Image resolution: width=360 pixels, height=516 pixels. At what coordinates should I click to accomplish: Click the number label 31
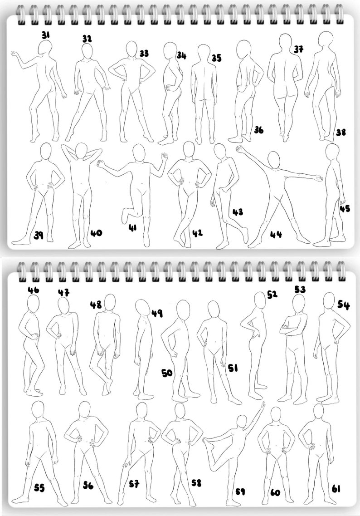[46, 34]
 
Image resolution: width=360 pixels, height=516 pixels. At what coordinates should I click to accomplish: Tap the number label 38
[341, 133]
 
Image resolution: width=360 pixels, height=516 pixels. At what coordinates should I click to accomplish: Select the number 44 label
[276, 235]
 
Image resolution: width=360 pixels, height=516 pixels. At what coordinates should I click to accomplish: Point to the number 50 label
[167, 373]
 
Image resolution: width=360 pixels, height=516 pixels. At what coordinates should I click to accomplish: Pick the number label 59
[240, 491]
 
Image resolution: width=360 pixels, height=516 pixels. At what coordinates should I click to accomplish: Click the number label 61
[336, 488]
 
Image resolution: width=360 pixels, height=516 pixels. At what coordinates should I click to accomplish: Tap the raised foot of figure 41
[125, 216]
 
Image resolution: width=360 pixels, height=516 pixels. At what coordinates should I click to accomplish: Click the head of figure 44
[273, 160]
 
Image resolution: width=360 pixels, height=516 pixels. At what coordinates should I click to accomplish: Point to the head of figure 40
[81, 151]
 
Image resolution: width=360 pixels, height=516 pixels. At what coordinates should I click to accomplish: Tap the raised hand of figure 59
[263, 404]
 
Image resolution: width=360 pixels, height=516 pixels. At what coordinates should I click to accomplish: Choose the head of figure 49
[142, 307]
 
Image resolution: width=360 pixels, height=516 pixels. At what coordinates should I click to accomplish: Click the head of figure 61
[319, 411]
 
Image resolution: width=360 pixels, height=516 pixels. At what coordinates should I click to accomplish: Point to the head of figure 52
[259, 300]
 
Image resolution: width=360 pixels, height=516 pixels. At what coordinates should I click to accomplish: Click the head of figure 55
[38, 410]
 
